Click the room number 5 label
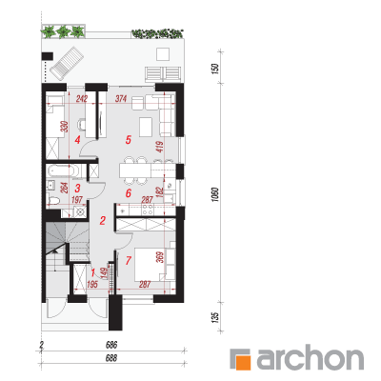pos(129,140)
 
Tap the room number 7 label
pos(129,261)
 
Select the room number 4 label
pos(77,140)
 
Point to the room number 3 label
pos(77,189)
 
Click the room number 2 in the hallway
pos(103,221)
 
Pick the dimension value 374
pos(121,99)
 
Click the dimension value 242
pos(82,99)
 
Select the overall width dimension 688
pos(111,358)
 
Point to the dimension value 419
pos(160,147)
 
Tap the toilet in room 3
pos(53,200)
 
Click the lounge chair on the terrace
pos(68,63)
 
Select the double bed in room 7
pos(150,264)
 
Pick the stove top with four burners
pos(148,210)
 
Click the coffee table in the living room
pos(146,127)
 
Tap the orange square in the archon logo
pos(244,362)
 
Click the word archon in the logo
pos(310,359)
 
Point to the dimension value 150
pos(215,68)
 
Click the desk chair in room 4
pos(81,124)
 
